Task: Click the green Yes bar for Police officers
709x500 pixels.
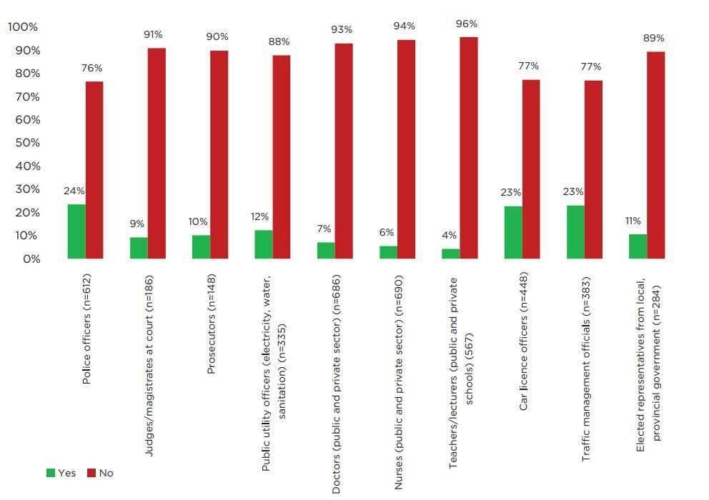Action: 76,231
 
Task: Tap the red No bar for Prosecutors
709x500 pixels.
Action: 219,154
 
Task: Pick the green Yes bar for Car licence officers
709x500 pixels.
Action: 513,232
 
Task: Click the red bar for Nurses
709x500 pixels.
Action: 407,149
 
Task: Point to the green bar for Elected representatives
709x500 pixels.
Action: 638,246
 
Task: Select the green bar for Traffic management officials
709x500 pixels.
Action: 575,232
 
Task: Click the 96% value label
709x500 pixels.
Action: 467,24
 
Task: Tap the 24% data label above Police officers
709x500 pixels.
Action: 74,191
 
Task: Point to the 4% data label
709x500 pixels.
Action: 449,236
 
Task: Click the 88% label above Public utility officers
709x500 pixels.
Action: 279,42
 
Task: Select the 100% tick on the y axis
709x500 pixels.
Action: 23,27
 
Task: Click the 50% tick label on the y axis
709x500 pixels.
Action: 25,143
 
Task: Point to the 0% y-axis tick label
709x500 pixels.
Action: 29,259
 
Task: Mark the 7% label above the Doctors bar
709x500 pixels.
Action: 324,229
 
